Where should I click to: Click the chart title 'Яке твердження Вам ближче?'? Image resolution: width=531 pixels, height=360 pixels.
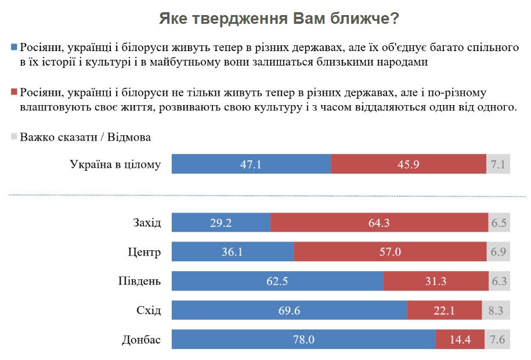279,19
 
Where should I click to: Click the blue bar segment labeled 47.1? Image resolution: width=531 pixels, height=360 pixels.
251,164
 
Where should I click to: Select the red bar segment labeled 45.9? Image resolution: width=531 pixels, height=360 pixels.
408,164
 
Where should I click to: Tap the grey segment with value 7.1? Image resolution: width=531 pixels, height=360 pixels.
498,164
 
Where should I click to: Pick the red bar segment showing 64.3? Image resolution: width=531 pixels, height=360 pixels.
379,223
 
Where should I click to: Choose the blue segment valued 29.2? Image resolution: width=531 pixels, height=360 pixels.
222,223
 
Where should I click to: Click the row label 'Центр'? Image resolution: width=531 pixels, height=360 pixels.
144,253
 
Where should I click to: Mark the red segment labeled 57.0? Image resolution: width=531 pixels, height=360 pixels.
390,253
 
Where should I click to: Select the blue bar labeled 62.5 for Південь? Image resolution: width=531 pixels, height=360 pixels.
277,282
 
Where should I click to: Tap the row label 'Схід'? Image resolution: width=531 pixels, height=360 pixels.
148,311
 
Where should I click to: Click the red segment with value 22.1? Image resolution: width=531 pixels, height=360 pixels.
444,311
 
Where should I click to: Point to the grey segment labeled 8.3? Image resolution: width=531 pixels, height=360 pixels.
496,311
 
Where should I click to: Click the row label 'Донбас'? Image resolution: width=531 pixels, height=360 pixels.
141,340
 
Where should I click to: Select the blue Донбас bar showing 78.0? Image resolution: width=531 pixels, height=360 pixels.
304,340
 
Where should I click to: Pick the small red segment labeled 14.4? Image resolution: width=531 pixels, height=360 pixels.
459,340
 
